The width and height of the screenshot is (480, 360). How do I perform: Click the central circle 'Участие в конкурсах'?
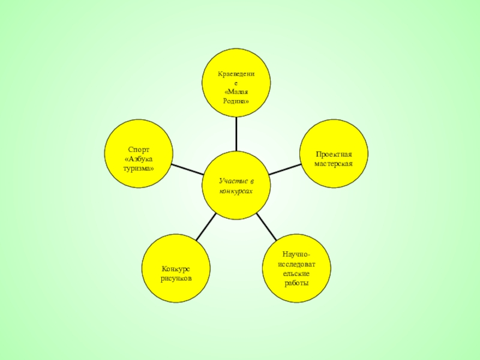236,185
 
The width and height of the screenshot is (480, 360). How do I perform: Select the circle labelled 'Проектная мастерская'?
334,152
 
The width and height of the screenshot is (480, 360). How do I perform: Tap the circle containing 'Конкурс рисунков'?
176,269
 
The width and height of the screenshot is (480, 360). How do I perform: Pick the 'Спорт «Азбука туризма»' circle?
139,154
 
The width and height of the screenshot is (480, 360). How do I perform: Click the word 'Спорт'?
139,149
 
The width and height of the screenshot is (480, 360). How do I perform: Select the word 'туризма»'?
139,168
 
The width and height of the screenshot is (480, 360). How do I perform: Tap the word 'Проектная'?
334,154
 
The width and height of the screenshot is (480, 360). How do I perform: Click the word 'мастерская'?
334,163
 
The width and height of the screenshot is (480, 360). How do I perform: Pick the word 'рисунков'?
176,279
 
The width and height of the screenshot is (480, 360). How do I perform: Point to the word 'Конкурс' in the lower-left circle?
176,269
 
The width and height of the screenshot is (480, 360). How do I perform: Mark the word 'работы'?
296,283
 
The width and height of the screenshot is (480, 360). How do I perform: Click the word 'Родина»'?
236,101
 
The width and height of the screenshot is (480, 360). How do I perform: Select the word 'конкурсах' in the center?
236,190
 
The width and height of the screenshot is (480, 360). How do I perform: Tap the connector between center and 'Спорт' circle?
187,169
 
